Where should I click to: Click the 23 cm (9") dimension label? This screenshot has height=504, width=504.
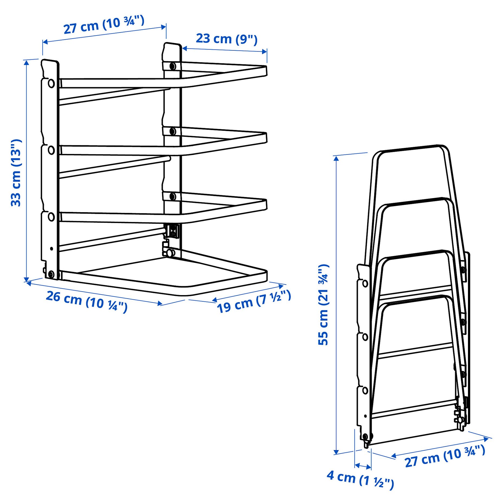pyautogui.click(x=227, y=39)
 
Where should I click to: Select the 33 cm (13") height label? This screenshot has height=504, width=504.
pyautogui.click(x=16, y=173)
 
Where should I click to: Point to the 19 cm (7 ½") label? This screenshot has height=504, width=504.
pyautogui.click(x=254, y=301)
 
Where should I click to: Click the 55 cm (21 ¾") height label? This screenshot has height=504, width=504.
pyautogui.click(x=323, y=305)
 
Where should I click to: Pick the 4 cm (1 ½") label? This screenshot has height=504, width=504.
pyautogui.click(x=360, y=480)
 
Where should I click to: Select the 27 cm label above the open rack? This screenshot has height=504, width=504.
pyautogui.click(x=104, y=25)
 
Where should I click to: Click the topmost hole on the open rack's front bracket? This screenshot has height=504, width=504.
pyautogui.click(x=51, y=83)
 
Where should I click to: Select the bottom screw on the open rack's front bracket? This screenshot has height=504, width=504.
pyautogui.click(x=51, y=274)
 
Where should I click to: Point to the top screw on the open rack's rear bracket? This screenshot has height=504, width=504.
pyautogui.click(x=172, y=66)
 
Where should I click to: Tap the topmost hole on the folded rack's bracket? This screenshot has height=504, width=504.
pyautogui.click(x=365, y=284)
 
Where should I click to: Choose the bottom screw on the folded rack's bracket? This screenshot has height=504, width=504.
pyautogui.click(x=365, y=437)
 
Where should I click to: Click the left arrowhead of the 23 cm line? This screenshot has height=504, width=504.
pyautogui.click(x=184, y=49)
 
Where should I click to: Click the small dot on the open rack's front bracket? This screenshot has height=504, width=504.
pyautogui.click(x=51, y=248)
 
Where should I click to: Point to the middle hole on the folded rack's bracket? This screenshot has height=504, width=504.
pyautogui.click(x=365, y=337)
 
